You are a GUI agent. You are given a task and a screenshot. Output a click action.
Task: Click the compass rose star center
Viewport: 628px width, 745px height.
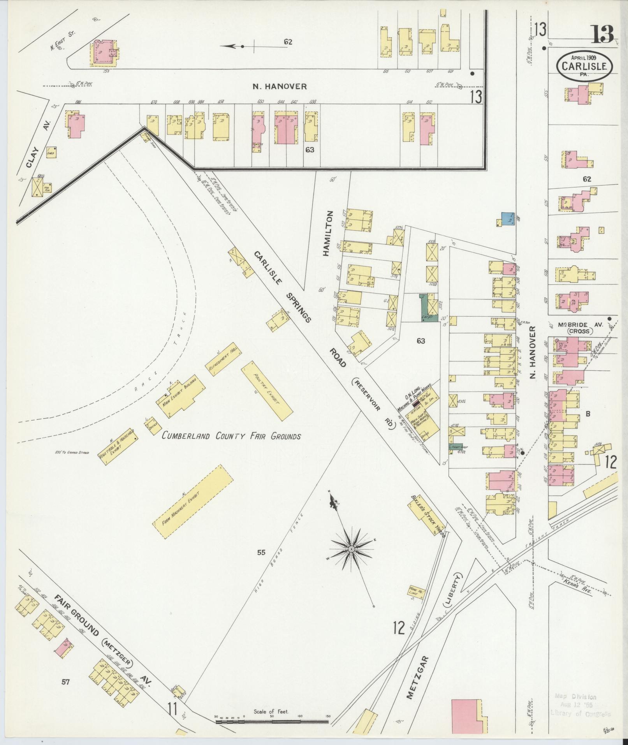click(351, 549)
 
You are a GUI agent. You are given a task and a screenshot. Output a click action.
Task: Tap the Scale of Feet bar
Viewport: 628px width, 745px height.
click(272, 722)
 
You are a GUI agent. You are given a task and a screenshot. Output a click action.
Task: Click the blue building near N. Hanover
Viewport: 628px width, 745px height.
click(507, 219)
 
